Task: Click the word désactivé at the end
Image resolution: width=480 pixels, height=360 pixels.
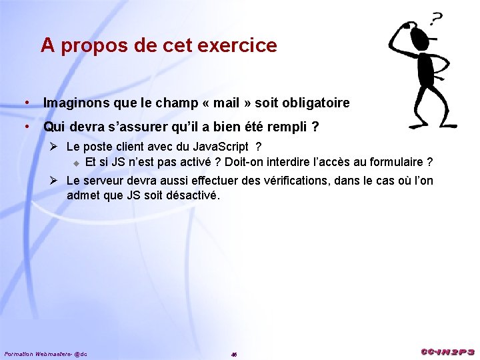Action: (191, 195)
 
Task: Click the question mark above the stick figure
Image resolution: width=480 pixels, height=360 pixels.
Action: (437, 20)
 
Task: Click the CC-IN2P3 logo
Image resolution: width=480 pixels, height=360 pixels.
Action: (447, 351)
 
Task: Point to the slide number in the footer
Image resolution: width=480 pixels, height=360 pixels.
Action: (234, 354)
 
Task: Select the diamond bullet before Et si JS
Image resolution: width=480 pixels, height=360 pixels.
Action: (76, 163)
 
